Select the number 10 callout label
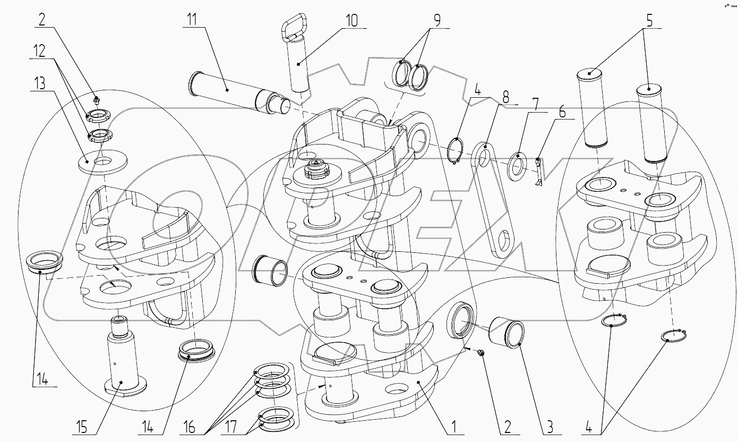[351, 20]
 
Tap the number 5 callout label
[650, 21]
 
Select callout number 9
[436, 20]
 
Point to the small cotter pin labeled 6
[538, 173]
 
